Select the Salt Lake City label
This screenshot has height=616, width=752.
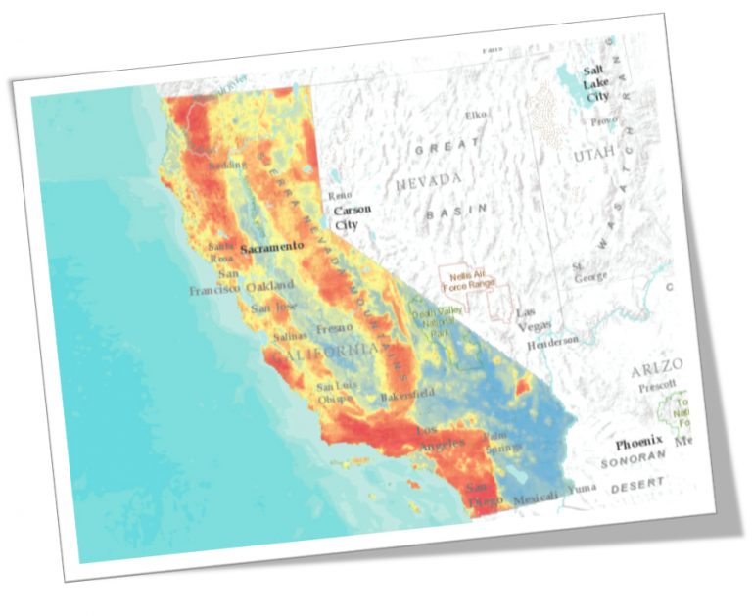click(595, 83)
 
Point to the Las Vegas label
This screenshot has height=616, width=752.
click(533, 319)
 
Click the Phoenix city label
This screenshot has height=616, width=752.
click(639, 443)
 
